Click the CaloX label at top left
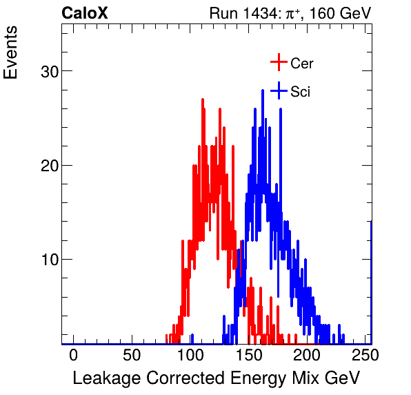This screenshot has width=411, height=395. [86, 13]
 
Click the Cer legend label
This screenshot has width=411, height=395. [302, 64]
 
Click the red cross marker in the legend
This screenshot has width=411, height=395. [278, 63]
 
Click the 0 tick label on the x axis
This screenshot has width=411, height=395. [73, 355]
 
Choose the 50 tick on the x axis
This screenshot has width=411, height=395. [131, 355]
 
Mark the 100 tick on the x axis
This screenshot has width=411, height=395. [190, 355]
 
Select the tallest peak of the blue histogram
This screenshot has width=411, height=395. [263, 90]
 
